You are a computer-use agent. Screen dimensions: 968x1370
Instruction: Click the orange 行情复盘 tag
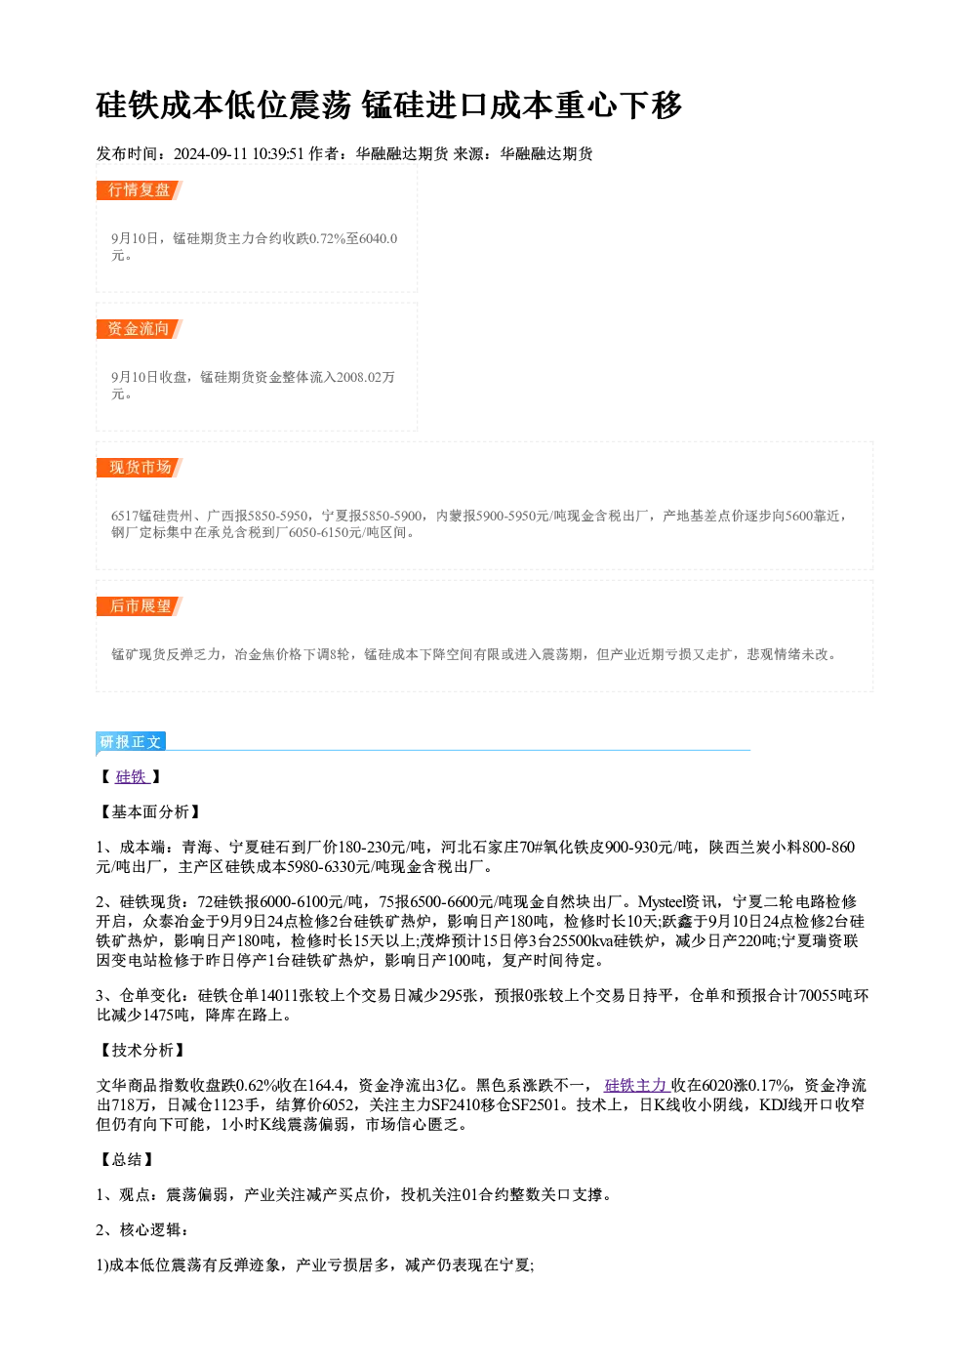tap(139, 190)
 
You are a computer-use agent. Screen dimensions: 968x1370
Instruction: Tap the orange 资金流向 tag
tap(139, 329)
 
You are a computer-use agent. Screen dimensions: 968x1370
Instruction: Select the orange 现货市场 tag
tap(139, 468)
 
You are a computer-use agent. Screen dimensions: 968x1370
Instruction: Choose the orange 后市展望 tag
tap(139, 606)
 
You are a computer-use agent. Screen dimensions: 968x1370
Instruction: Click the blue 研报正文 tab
tap(131, 742)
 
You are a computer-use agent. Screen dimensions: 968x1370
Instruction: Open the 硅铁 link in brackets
tap(132, 777)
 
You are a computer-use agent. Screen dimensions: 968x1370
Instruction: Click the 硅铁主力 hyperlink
tap(636, 1086)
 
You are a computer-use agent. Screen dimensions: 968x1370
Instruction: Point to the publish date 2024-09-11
tap(211, 154)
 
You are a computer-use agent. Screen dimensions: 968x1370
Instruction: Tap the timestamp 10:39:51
tap(278, 154)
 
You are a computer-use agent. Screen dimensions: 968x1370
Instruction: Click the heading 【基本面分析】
tap(149, 812)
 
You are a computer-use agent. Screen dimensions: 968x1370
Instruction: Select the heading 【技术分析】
tap(141, 1051)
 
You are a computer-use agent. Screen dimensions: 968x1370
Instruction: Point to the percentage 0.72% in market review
tap(327, 238)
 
